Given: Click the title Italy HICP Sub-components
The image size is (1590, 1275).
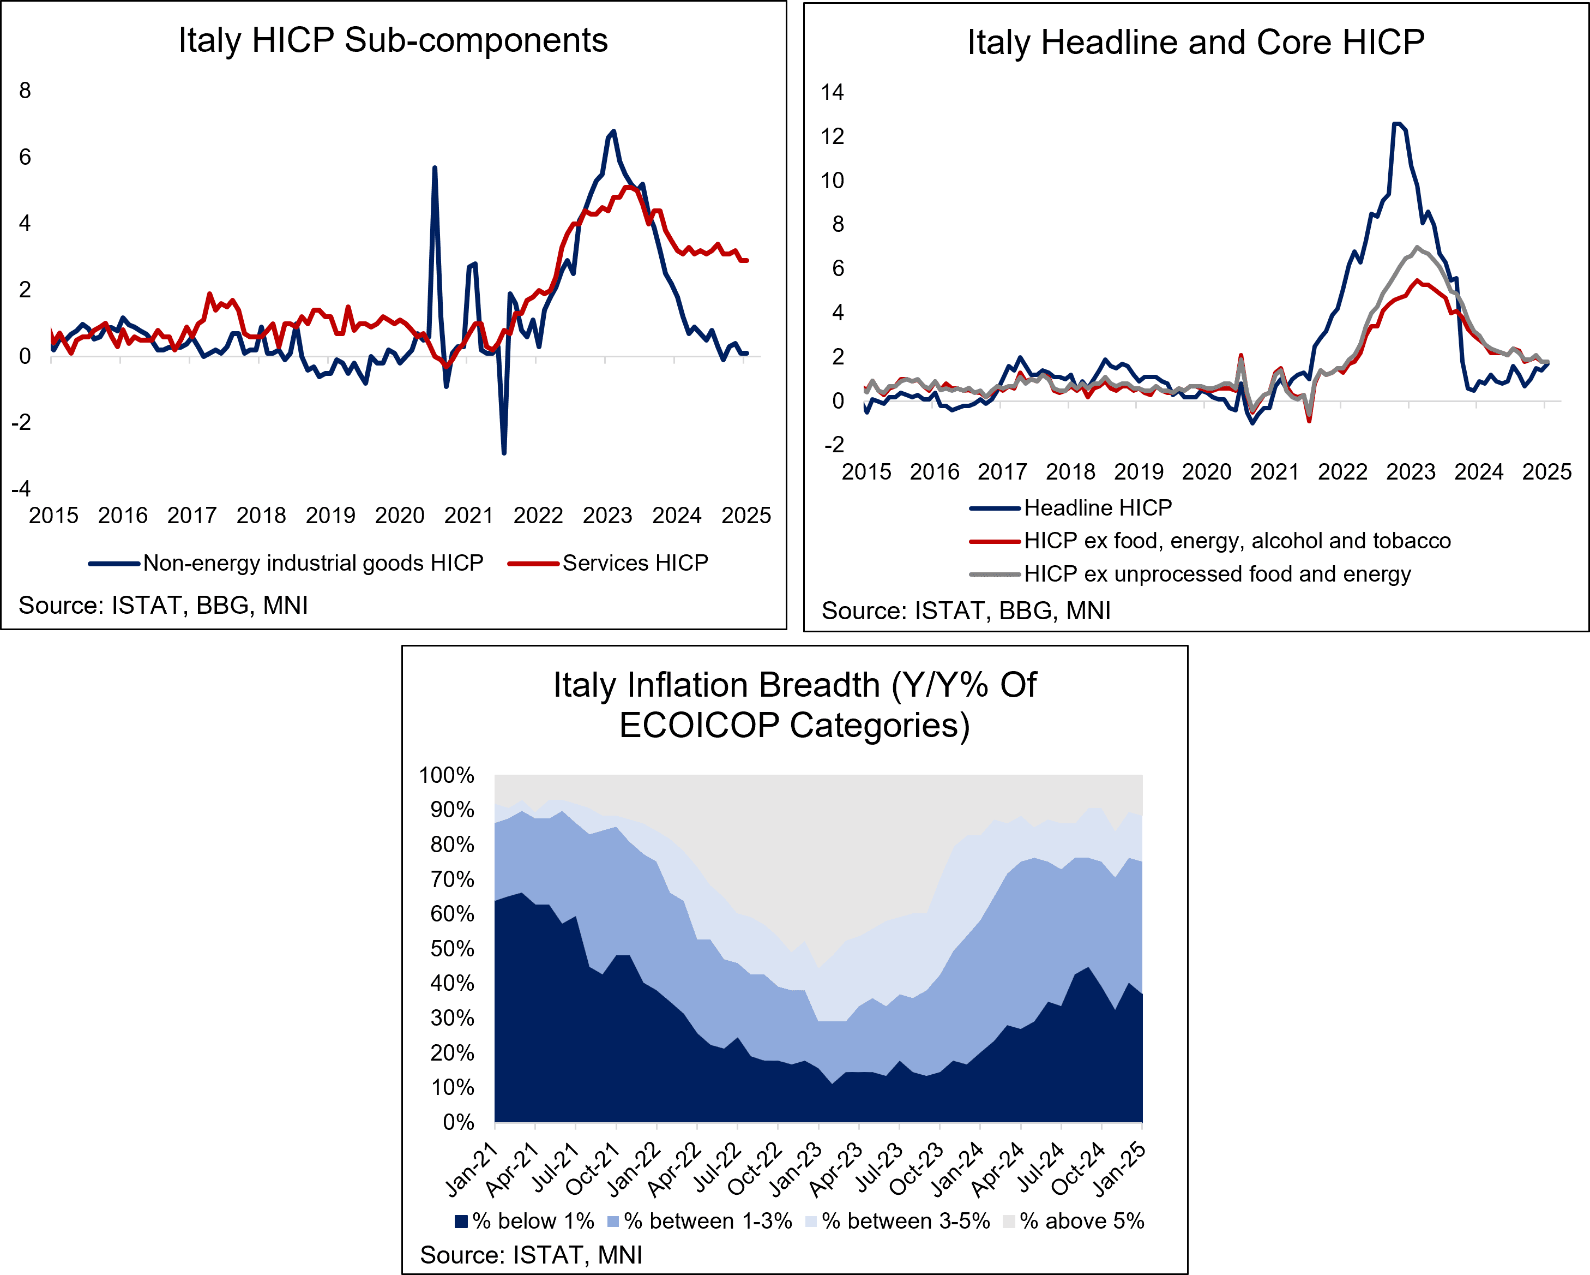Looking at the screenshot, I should [x=393, y=40].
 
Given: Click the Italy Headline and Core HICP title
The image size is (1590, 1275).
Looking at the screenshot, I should [x=1195, y=42].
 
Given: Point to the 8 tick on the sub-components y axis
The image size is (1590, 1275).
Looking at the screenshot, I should [x=25, y=91].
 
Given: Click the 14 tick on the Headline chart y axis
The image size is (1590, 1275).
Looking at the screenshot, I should [x=832, y=92].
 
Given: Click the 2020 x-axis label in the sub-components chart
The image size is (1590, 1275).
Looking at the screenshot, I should [x=399, y=515].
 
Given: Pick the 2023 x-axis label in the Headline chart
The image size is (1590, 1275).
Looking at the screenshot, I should [x=1410, y=471].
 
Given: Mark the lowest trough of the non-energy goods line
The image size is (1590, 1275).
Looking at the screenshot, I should [x=504, y=453].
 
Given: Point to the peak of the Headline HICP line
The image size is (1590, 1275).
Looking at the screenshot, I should [x=1396, y=123].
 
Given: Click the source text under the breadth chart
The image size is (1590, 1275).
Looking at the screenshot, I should [x=531, y=1254].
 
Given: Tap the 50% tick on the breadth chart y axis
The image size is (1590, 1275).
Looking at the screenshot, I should [x=451, y=948].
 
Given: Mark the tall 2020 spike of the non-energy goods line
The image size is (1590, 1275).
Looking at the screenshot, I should [x=435, y=167].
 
